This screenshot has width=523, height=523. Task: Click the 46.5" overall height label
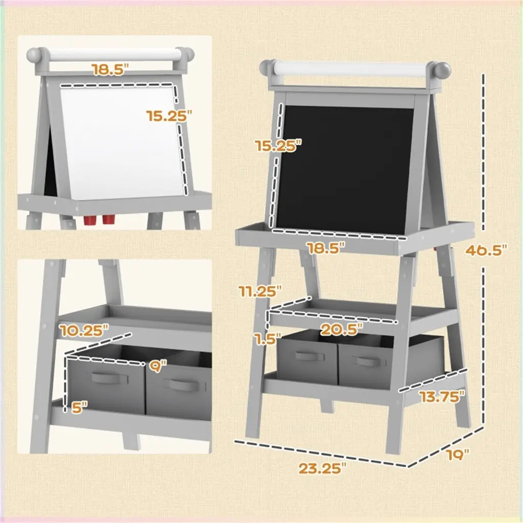[486, 250]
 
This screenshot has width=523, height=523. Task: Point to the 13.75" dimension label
[442, 397]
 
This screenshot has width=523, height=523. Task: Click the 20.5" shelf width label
[342, 330]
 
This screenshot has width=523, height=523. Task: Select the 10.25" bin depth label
[85, 330]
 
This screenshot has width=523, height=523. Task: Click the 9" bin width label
[158, 367]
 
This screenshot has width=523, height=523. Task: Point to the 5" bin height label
[79, 407]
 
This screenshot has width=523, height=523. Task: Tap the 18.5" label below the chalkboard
[325, 248]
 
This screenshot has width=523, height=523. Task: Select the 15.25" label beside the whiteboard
[169, 116]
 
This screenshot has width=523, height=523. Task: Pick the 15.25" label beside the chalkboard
[278, 146]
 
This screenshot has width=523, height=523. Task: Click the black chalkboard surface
[344, 170]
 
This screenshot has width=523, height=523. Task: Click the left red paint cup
[89, 220]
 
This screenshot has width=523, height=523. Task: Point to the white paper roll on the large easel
[354, 70]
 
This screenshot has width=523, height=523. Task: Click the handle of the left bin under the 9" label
[110, 378]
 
